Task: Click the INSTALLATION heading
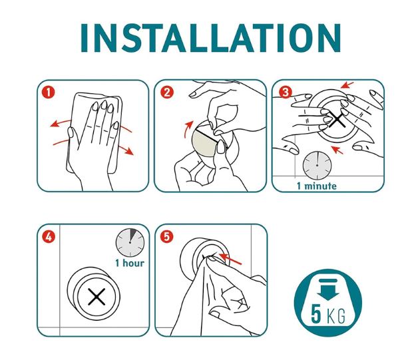(210, 38)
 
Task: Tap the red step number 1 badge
(48, 92)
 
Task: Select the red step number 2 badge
(167, 92)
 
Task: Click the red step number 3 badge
(286, 92)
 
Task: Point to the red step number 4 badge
(49, 237)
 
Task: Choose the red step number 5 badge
(166, 236)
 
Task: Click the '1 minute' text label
(317, 186)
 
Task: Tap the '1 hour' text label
(130, 263)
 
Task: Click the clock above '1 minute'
(317, 166)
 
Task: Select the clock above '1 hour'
(130, 242)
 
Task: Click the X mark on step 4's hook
(97, 297)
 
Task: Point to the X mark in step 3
(337, 119)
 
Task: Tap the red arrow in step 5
(230, 259)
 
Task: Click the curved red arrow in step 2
(188, 129)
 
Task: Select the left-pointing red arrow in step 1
(61, 123)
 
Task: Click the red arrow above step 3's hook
(347, 85)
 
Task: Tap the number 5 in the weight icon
(316, 315)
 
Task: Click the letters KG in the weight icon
(336, 316)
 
